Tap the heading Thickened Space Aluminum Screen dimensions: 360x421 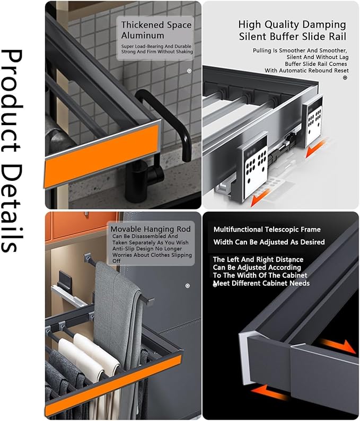coord(156,30)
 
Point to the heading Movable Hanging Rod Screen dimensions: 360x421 coord(151,229)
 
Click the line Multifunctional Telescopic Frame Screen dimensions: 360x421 coord(267,230)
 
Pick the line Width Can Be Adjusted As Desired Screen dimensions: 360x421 coord(269,242)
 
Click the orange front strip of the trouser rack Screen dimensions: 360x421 coord(113,385)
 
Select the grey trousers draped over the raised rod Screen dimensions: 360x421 coord(118,322)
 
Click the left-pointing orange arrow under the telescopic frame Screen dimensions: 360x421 coord(270,393)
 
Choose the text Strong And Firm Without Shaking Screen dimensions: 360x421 coord(157,51)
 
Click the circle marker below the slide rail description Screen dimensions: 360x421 coord(345,77)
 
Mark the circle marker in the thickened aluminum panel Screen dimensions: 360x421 coord(189,71)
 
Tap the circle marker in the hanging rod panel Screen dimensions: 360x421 coord(188,286)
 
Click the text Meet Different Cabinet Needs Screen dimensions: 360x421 coord(261,283)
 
